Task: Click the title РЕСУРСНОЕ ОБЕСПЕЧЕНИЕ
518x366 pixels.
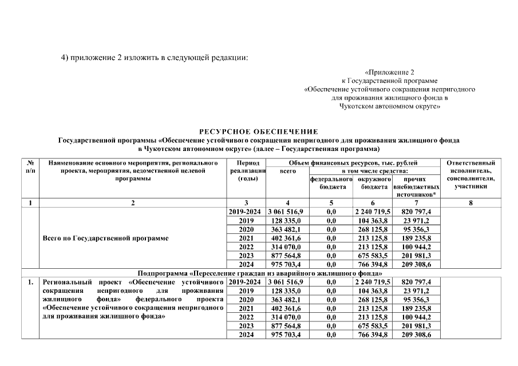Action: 258,132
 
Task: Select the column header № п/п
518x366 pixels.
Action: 29,167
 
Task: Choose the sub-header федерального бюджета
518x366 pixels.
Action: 331,183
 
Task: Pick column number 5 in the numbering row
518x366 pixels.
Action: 331,203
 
